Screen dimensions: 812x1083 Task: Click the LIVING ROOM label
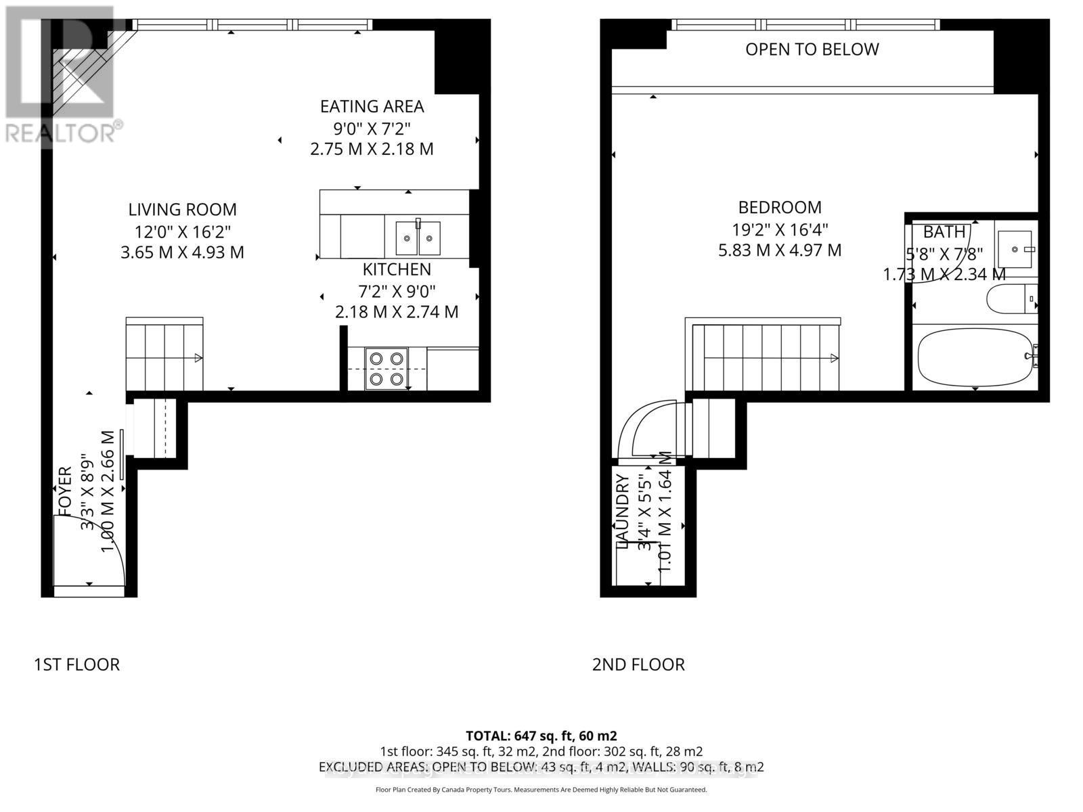point(183,210)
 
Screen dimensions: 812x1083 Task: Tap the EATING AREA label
point(372,107)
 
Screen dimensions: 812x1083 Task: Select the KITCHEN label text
point(397,269)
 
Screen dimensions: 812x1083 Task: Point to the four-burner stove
point(386,369)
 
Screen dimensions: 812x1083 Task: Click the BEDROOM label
point(780,207)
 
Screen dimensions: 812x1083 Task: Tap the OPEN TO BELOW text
point(812,49)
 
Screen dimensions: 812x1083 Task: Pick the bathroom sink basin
point(1015,249)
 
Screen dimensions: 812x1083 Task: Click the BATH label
point(944,231)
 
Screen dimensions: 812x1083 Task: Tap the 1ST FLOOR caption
point(76,664)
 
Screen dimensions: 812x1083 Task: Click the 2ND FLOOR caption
point(638,664)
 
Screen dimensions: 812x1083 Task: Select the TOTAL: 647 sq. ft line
point(541,736)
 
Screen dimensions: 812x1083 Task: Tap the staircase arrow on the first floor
point(198,358)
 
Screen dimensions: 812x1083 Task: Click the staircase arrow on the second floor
point(834,358)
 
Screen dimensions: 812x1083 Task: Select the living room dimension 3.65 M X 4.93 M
point(182,252)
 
